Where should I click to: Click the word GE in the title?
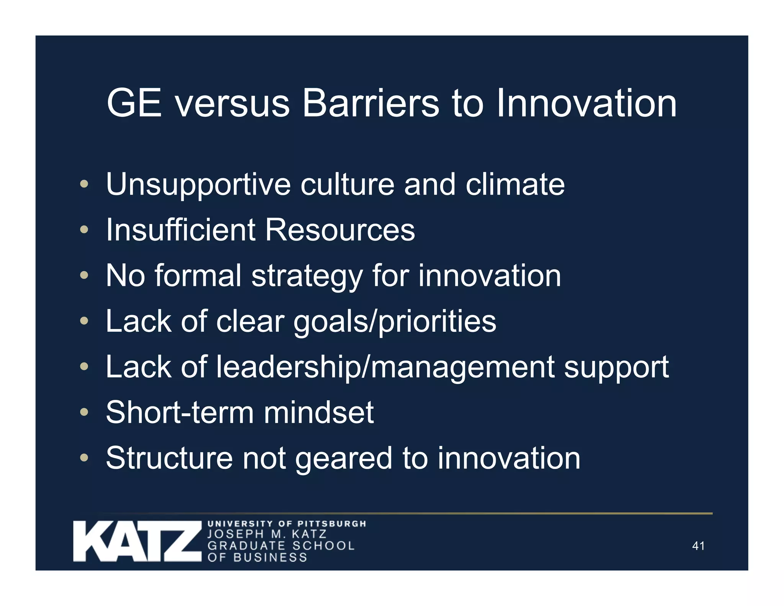pyautogui.click(x=134, y=103)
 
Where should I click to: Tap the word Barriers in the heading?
pyautogui.click(x=371, y=103)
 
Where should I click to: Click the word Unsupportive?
pyautogui.click(x=198, y=185)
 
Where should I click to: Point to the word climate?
pyautogui.click(x=515, y=184)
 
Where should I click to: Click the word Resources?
pyautogui.click(x=340, y=230)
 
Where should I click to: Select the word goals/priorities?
pyautogui.click(x=395, y=322)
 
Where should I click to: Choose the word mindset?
pyautogui.click(x=318, y=413)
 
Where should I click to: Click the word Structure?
pyautogui.click(x=169, y=458)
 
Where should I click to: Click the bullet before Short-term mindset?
pyautogui.click(x=84, y=413)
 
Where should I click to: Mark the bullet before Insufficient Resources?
pyautogui.click(x=84, y=230)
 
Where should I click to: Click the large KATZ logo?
pyautogui.click(x=137, y=541)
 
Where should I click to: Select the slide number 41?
pyautogui.click(x=698, y=546)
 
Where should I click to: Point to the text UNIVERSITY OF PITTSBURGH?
pyautogui.click(x=287, y=524)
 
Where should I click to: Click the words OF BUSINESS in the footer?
pyautogui.click(x=257, y=557)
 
